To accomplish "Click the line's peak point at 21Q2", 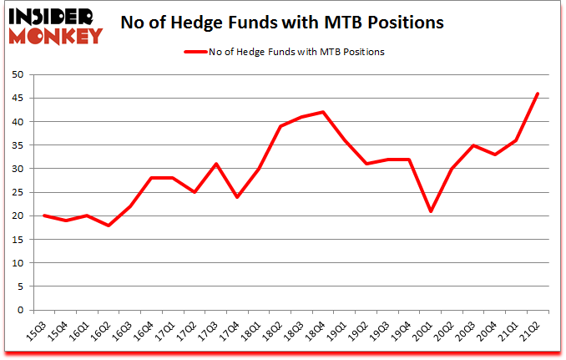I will coord(538,94).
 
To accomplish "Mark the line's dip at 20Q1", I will coord(430,211).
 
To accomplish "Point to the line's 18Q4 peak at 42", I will coord(322,112).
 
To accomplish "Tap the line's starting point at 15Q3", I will coord(44,215).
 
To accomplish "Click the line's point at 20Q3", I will coord(473,145).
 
